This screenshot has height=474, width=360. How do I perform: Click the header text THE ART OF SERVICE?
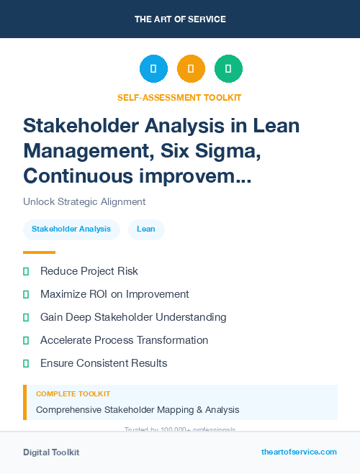coord(180,19)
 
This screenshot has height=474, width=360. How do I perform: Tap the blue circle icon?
coord(153,69)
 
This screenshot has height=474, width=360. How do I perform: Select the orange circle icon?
coord(191,69)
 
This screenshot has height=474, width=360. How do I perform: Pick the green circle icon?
coord(228,69)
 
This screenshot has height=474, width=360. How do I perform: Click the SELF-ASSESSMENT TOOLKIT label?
coord(179,97)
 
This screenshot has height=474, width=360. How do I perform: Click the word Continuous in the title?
coord(78,175)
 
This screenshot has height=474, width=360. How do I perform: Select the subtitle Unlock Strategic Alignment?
coord(84,202)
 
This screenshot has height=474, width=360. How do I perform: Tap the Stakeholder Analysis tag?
coord(71,229)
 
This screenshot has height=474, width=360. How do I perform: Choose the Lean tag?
coord(146,229)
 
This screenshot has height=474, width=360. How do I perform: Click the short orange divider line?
coord(39,252)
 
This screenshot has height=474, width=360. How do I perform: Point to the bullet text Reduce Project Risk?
coord(89,271)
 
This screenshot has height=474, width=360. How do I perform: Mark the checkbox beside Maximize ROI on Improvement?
coord(26,294)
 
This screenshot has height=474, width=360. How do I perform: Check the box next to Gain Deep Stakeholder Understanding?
coord(26,317)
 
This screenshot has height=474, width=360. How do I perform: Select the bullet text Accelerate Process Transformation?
coord(124,340)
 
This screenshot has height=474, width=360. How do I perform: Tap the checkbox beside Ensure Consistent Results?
coord(26,363)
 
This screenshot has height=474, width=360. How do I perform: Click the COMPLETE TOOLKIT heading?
coord(73,394)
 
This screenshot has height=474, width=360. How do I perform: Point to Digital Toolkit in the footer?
coord(51,452)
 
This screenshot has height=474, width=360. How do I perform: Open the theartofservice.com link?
coord(299,452)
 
